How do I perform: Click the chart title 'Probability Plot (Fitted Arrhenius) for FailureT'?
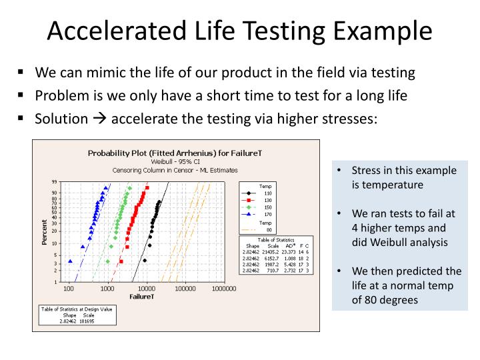[175, 153]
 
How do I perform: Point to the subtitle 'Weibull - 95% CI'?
[175, 161]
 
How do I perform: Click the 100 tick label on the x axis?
[68, 289]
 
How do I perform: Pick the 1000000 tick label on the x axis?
[224, 289]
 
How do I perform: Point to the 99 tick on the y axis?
[54, 182]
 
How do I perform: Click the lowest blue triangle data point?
[71, 261]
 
